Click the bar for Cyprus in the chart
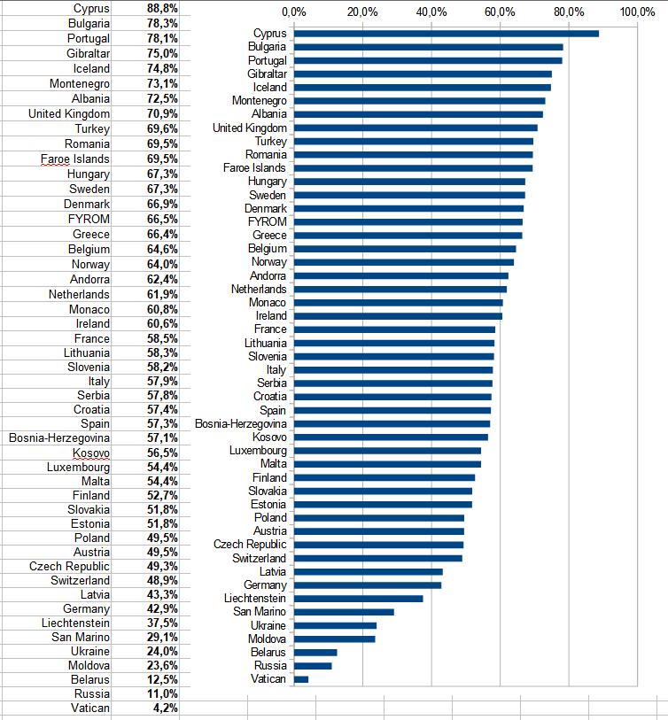pyautogui.click(x=446, y=34)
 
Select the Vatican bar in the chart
pyautogui.click(x=301, y=679)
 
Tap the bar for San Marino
pyautogui.click(x=344, y=612)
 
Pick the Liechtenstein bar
pyautogui.click(x=358, y=599)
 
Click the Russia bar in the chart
pyautogui.click(x=313, y=666)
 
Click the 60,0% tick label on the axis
pyautogui.click(x=500, y=12)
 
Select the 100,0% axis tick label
pyautogui.click(x=637, y=12)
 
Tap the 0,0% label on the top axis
pyautogui.click(x=293, y=12)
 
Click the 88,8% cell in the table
pyautogui.click(x=162, y=8)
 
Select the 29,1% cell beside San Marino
pyautogui.click(x=162, y=637)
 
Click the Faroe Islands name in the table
pyautogui.click(x=75, y=159)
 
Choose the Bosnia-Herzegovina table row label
pyautogui.click(x=59, y=438)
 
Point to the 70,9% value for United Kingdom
pyautogui.click(x=162, y=113)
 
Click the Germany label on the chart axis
pyautogui.click(x=265, y=585)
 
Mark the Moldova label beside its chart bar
pyautogui.click(x=267, y=639)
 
